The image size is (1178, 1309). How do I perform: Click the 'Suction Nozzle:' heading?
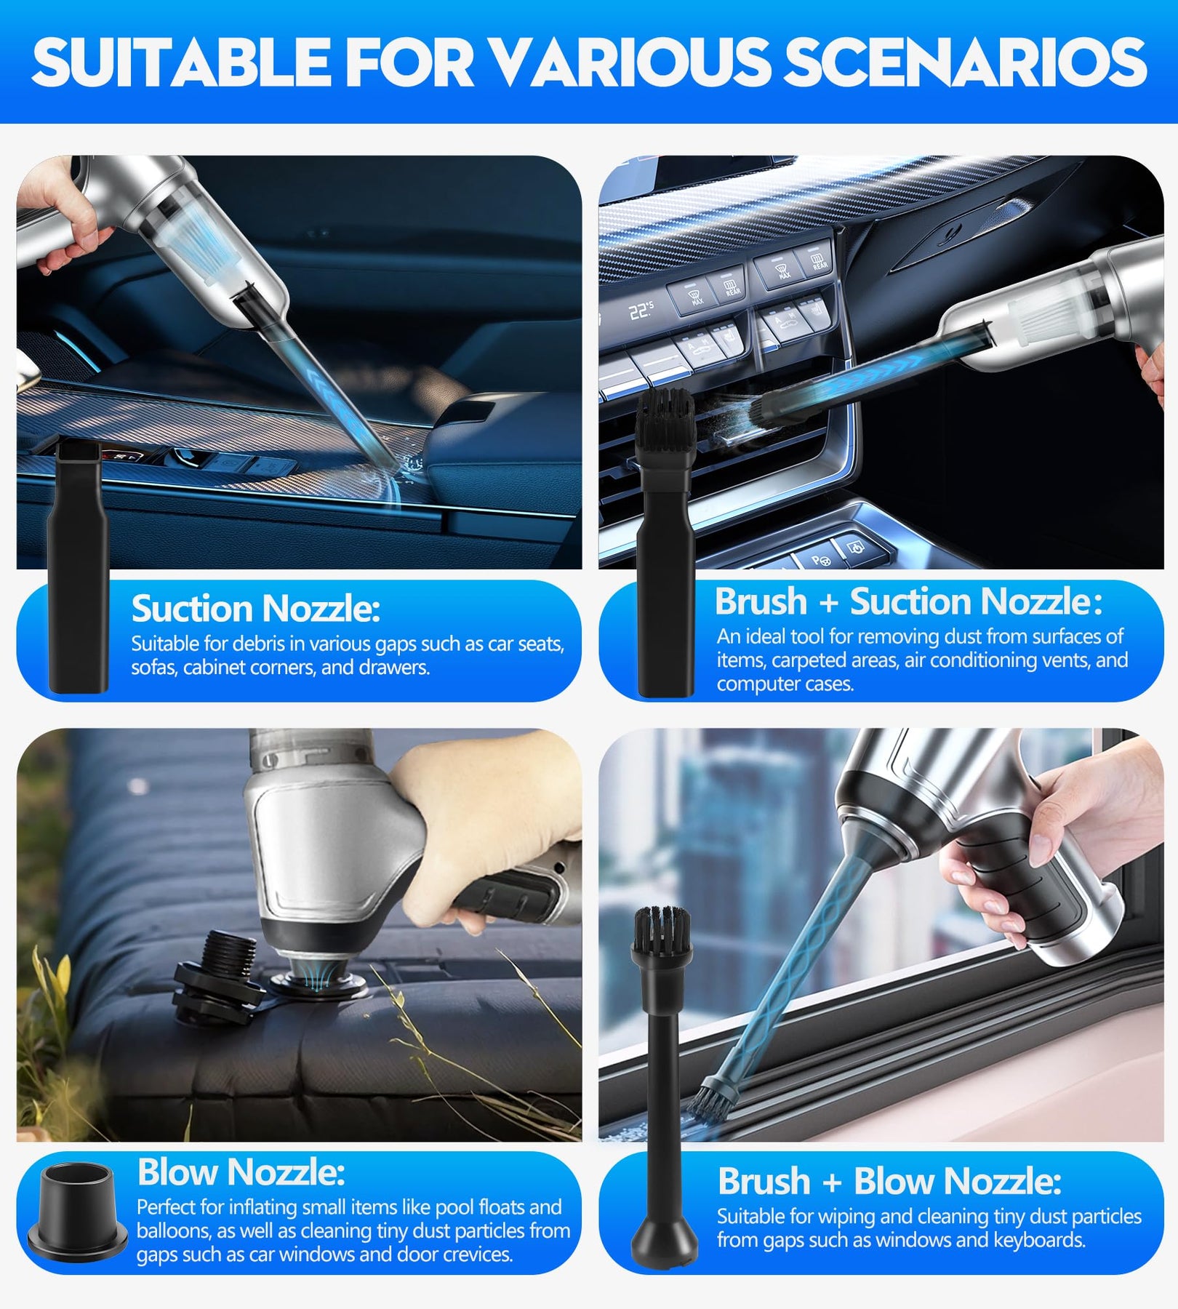[x=255, y=609]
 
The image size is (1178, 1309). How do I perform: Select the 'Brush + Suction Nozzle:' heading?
[x=908, y=601]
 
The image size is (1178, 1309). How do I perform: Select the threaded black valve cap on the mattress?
[x=218, y=974]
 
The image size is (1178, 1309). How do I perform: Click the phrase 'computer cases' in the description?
[x=785, y=684]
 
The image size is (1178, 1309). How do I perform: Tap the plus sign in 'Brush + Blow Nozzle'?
[x=832, y=1182]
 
